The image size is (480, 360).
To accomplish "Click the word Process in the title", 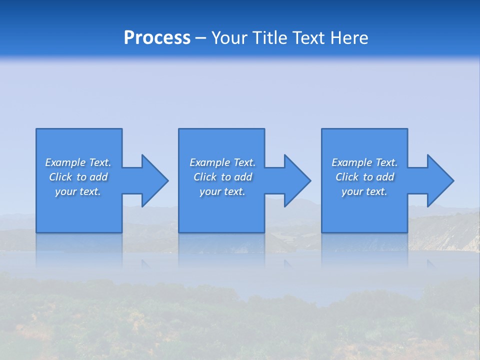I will coord(157,38).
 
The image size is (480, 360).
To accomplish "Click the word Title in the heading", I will coord(268,38).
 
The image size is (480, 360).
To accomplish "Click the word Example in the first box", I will coord(65,162).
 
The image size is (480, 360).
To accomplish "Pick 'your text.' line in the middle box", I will coord(222,191).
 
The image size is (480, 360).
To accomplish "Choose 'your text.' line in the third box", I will coord(364,191).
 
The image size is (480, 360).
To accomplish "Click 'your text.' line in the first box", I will coord(78,191).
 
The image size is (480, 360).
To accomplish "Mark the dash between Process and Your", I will coord(201,38).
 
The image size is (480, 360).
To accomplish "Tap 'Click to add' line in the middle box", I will coord(222,177).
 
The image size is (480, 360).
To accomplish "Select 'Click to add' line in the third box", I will coord(365,177).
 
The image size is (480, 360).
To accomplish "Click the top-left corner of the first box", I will coord(36,129).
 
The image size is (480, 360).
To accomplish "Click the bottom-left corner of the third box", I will coord(322,232).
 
